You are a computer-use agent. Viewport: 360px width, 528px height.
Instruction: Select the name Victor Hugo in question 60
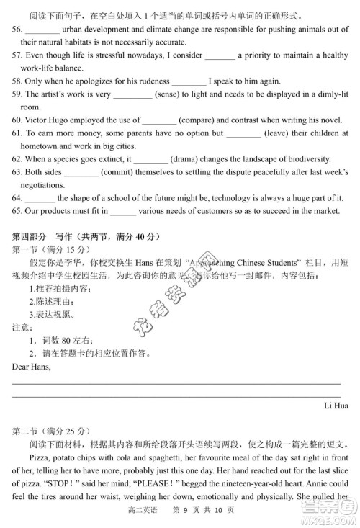[51, 120]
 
